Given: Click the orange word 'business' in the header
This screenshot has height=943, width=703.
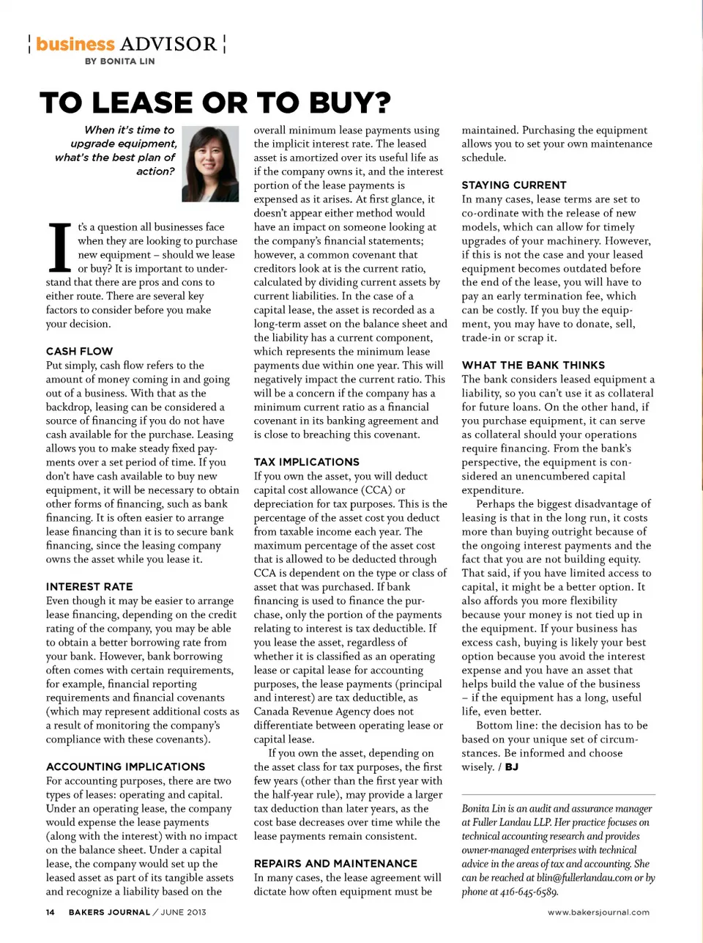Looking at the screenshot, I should coord(75,44).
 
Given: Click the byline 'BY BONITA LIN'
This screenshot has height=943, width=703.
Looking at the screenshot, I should coord(119,62).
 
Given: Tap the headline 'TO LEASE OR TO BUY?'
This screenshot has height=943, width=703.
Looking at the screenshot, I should coord(215,103).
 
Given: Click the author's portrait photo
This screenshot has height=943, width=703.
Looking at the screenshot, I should coord(210,163).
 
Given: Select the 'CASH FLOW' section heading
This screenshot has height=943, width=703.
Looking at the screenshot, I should coord(79,351).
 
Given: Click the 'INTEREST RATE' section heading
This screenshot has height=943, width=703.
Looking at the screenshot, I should coord(89,586).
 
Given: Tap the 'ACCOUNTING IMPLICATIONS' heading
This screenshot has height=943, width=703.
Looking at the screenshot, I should coord(125,766).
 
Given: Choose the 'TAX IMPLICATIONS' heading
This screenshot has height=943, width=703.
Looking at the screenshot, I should coord(306,462).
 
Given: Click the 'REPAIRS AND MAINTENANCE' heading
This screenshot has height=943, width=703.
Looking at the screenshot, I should coord(335,863).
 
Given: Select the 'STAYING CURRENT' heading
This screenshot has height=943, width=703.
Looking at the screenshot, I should coord(513,185).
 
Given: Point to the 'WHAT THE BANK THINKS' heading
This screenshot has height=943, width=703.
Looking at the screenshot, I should coord(533,365).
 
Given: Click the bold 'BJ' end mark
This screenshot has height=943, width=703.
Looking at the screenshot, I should coord(511,767).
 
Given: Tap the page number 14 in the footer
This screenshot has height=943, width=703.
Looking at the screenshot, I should coord(50,912).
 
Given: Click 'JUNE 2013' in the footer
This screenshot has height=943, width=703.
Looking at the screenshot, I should coord(183,912).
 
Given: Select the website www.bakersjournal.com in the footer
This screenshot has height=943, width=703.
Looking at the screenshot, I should coord(598,912).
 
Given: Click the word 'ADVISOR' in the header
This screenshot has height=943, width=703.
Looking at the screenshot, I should coord(168,44).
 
